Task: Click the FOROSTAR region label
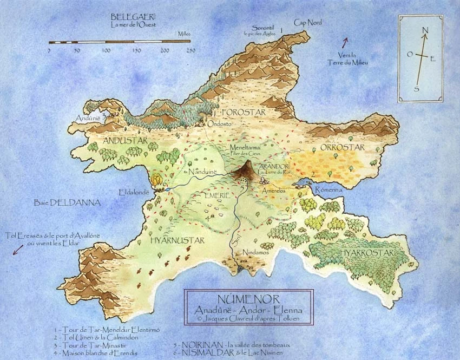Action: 244,112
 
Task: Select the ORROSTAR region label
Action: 343,147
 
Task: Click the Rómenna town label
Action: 326,190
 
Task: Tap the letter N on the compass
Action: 425,30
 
